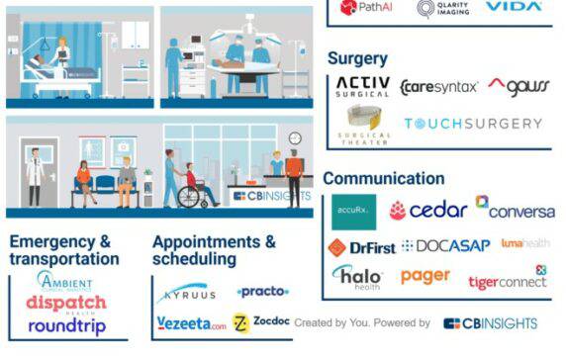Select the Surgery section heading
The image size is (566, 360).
pyautogui.click(x=357, y=59)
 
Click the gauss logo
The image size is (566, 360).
pyautogui.click(x=519, y=86)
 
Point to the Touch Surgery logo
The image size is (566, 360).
pyautogui.click(x=472, y=125)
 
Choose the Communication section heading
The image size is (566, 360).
pyautogui.click(x=383, y=179)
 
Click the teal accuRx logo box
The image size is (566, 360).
pyautogui.click(x=353, y=211)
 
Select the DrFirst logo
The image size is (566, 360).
pyautogui.click(x=361, y=247)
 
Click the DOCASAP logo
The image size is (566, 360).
pyautogui.click(x=446, y=246)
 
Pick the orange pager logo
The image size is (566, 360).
pyautogui.click(x=425, y=276)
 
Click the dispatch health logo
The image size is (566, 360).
pyautogui.click(x=66, y=304)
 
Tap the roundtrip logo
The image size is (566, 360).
pyautogui.click(x=66, y=325)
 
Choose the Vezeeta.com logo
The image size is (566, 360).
pyautogui.click(x=192, y=323)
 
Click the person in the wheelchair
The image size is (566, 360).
pyautogui.click(x=194, y=183)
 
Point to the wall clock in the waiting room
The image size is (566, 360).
pyautogui.click(x=294, y=137)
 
